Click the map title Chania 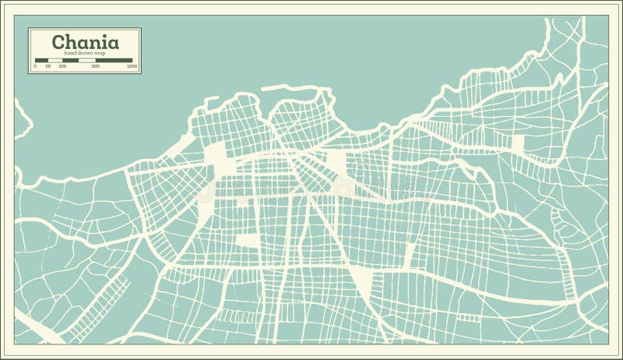pyautogui.click(x=86, y=42)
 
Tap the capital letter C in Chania pyautogui.click(x=58, y=42)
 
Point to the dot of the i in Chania pyautogui.click(x=104, y=35)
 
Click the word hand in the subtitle pyautogui.click(x=70, y=53)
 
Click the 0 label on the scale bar pyautogui.click(x=35, y=66)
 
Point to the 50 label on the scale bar pyautogui.click(x=48, y=66)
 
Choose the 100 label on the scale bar pyautogui.click(x=62, y=66)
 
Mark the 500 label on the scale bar pyautogui.click(x=96, y=66)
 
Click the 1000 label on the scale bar pyautogui.click(x=132, y=66)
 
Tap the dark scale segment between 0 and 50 pyautogui.click(x=41, y=60)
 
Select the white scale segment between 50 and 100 pyautogui.click(x=55, y=60)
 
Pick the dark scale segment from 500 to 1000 pyautogui.click(x=114, y=60)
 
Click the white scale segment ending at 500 pyautogui.click(x=87, y=60)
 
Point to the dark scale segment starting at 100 pyautogui.click(x=70, y=60)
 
